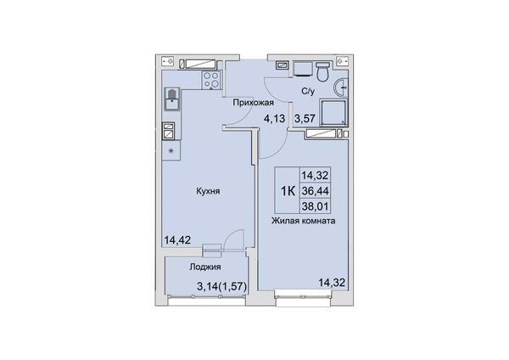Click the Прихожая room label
coord(254,103)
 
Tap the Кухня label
coord(208,191)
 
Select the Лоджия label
coord(205,267)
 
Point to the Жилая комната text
coord(304,221)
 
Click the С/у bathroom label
coord(308,92)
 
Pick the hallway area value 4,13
coord(274,119)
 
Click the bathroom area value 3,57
coord(305,119)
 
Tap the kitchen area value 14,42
coord(177,240)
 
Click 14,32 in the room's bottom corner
coord(332,283)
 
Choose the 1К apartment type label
coord(288,191)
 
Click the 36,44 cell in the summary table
coord(316,191)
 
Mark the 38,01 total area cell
coord(316,206)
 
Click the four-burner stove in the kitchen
coord(211,80)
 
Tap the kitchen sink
coord(172,99)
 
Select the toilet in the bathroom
coord(323,71)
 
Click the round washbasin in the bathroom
coord(340,87)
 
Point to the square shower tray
coord(333,112)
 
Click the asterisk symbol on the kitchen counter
coord(171,151)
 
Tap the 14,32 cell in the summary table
coord(316,176)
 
